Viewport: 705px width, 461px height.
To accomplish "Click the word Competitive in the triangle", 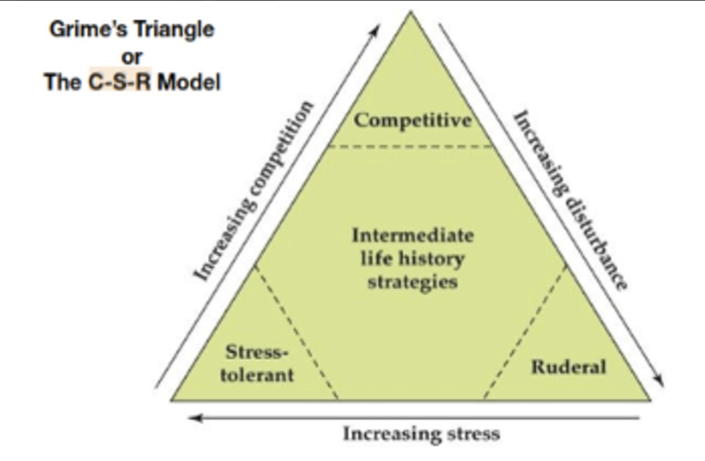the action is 413,121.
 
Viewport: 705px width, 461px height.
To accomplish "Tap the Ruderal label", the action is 569,366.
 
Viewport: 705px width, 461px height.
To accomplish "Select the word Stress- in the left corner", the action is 256,352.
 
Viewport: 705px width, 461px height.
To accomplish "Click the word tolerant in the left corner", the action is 256,375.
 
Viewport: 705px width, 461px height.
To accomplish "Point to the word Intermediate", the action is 413,235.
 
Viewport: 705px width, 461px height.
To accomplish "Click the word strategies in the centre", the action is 413,282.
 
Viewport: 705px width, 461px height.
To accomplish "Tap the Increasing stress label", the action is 421,434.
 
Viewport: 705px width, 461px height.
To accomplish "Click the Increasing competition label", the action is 253,191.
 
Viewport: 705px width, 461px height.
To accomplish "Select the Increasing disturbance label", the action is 570,200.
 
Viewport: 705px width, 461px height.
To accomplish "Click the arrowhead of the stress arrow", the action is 195,418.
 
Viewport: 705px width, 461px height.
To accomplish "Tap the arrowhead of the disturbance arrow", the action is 659,380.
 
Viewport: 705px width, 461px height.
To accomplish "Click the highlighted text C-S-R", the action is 120,82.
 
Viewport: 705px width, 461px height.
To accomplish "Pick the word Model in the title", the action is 189,82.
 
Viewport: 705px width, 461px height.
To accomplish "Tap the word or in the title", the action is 132,57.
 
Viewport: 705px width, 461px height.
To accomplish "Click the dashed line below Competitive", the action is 411,145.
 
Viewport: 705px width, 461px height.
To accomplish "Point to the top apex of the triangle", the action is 411,12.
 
